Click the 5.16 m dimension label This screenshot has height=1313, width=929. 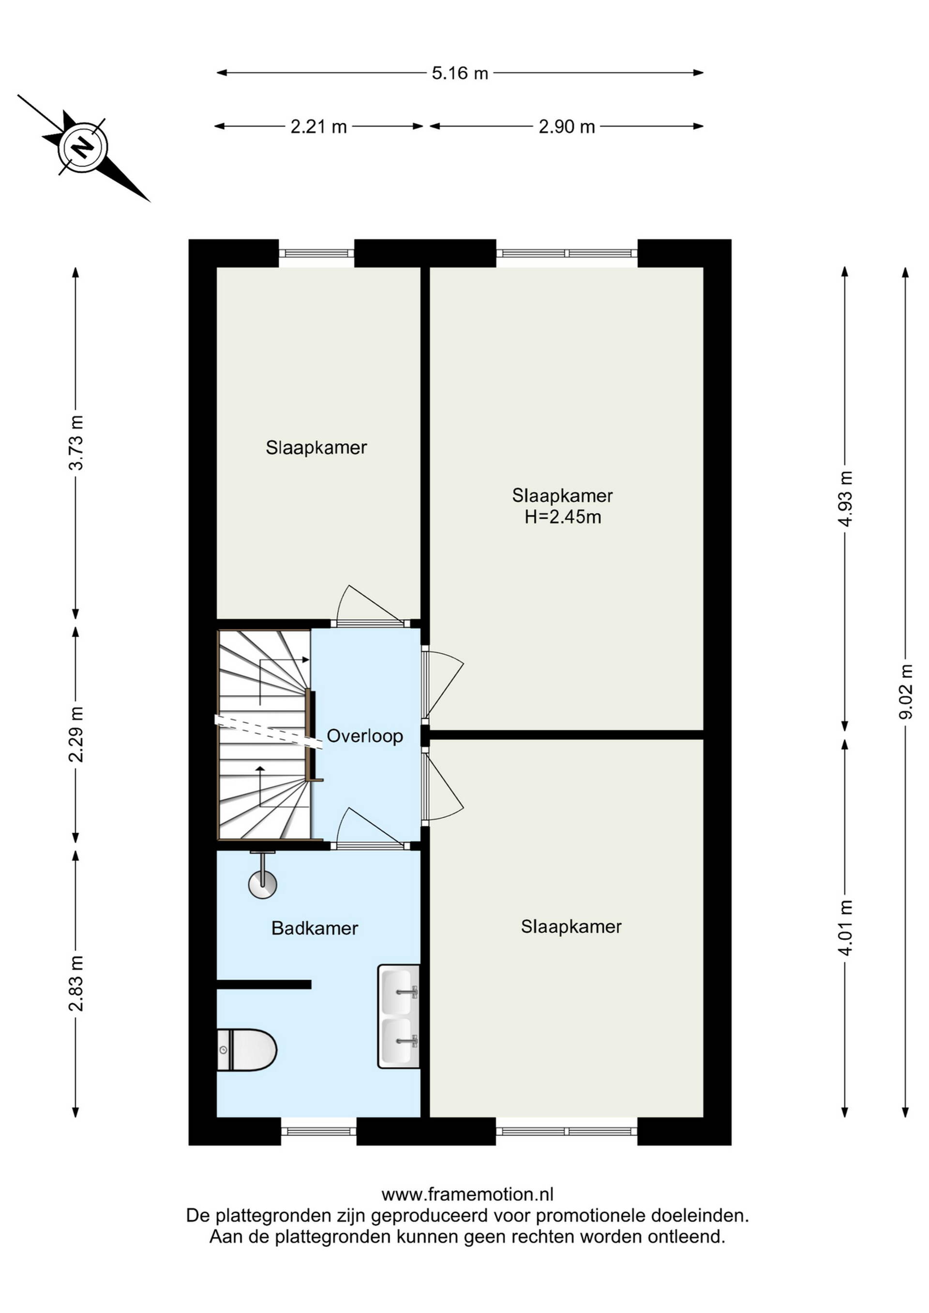[460, 73]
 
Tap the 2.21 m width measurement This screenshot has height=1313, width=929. [319, 126]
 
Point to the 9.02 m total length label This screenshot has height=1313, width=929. [905, 692]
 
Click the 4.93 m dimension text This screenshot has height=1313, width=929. [845, 498]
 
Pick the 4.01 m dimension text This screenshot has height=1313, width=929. [845, 927]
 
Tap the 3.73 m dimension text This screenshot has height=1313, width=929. [75, 443]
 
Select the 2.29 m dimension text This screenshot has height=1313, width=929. [75, 734]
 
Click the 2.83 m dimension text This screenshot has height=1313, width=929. [75, 983]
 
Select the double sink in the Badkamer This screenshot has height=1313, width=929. [399, 1016]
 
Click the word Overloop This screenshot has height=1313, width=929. [365, 736]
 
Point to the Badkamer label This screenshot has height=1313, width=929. [315, 928]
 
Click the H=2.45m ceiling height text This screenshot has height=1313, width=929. [563, 517]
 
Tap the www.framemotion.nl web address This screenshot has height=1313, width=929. [467, 1194]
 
